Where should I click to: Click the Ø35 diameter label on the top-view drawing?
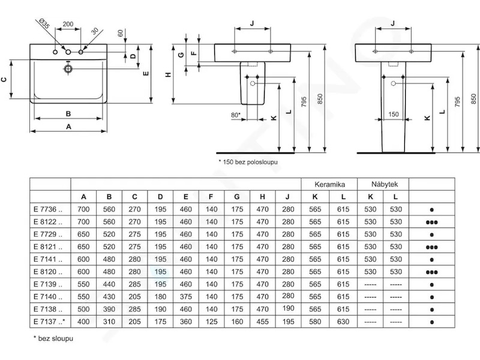click(x=44, y=23)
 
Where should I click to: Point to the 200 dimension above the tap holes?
click(x=68, y=24)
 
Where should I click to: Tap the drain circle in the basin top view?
click(x=68, y=68)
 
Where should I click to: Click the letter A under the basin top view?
click(x=68, y=127)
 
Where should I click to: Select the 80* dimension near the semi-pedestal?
click(x=236, y=115)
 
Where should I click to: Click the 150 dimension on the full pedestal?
click(x=394, y=114)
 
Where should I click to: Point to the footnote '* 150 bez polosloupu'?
click(x=248, y=161)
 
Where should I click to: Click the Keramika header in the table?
click(x=329, y=184)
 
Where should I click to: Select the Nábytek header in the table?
click(x=385, y=184)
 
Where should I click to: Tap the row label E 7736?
click(x=48, y=209)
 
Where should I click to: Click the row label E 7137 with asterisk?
click(x=50, y=322)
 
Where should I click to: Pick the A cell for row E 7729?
click(x=83, y=234)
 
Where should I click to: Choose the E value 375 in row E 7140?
click(x=185, y=296)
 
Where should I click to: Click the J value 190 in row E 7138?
click(x=288, y=308)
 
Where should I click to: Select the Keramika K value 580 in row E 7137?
click(x=315, y=322)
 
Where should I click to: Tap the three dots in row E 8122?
click(x=431, y=222)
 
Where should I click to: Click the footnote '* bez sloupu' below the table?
click(x=53, y=338)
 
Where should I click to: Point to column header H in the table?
click(x=262, y=197)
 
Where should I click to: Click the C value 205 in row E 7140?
click(x=134, y=296)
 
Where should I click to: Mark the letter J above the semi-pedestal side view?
click(x=252, y=23)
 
